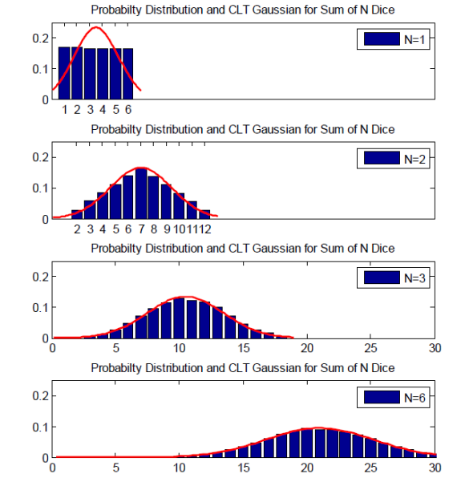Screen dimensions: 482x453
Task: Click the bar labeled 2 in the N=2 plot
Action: (78, 215)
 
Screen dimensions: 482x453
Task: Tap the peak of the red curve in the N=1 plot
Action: (96, 28)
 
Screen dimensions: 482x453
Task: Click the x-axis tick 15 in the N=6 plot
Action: (244, 468)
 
